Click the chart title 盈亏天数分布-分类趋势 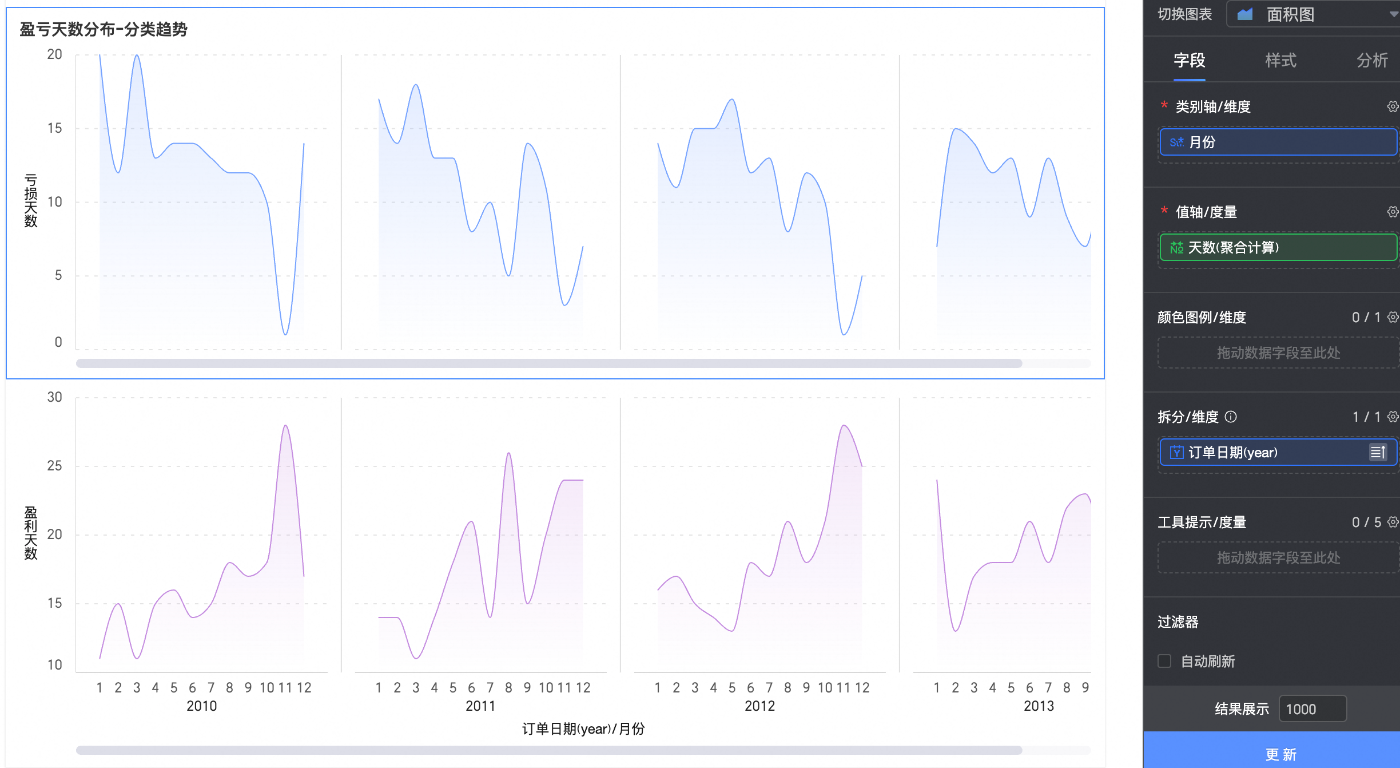click(x=104, y=29)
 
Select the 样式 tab click(x=1280, y=60)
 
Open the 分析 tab click(x=1372, y=60)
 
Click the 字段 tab click(x=1189, y=60)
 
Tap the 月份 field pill click(x=1278, y=142)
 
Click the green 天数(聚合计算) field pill click(x=1278, y=247)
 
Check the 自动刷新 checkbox click(x=1164, y=661)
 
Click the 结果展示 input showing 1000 click(x=1312, y=709)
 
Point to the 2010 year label click(x=201, y=706)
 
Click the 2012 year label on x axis click(x=759, y=706)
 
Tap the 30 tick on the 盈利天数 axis click(x=54, y=397)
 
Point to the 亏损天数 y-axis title click(x=31, y=200)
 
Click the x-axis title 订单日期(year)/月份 click(x=583, y=729)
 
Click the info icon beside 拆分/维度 click(x=1231, y=417)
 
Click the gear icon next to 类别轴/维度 click(x=1393, y=106)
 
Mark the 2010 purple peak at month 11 click(x=285, y=426)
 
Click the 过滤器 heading click(x=1178, y=621)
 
